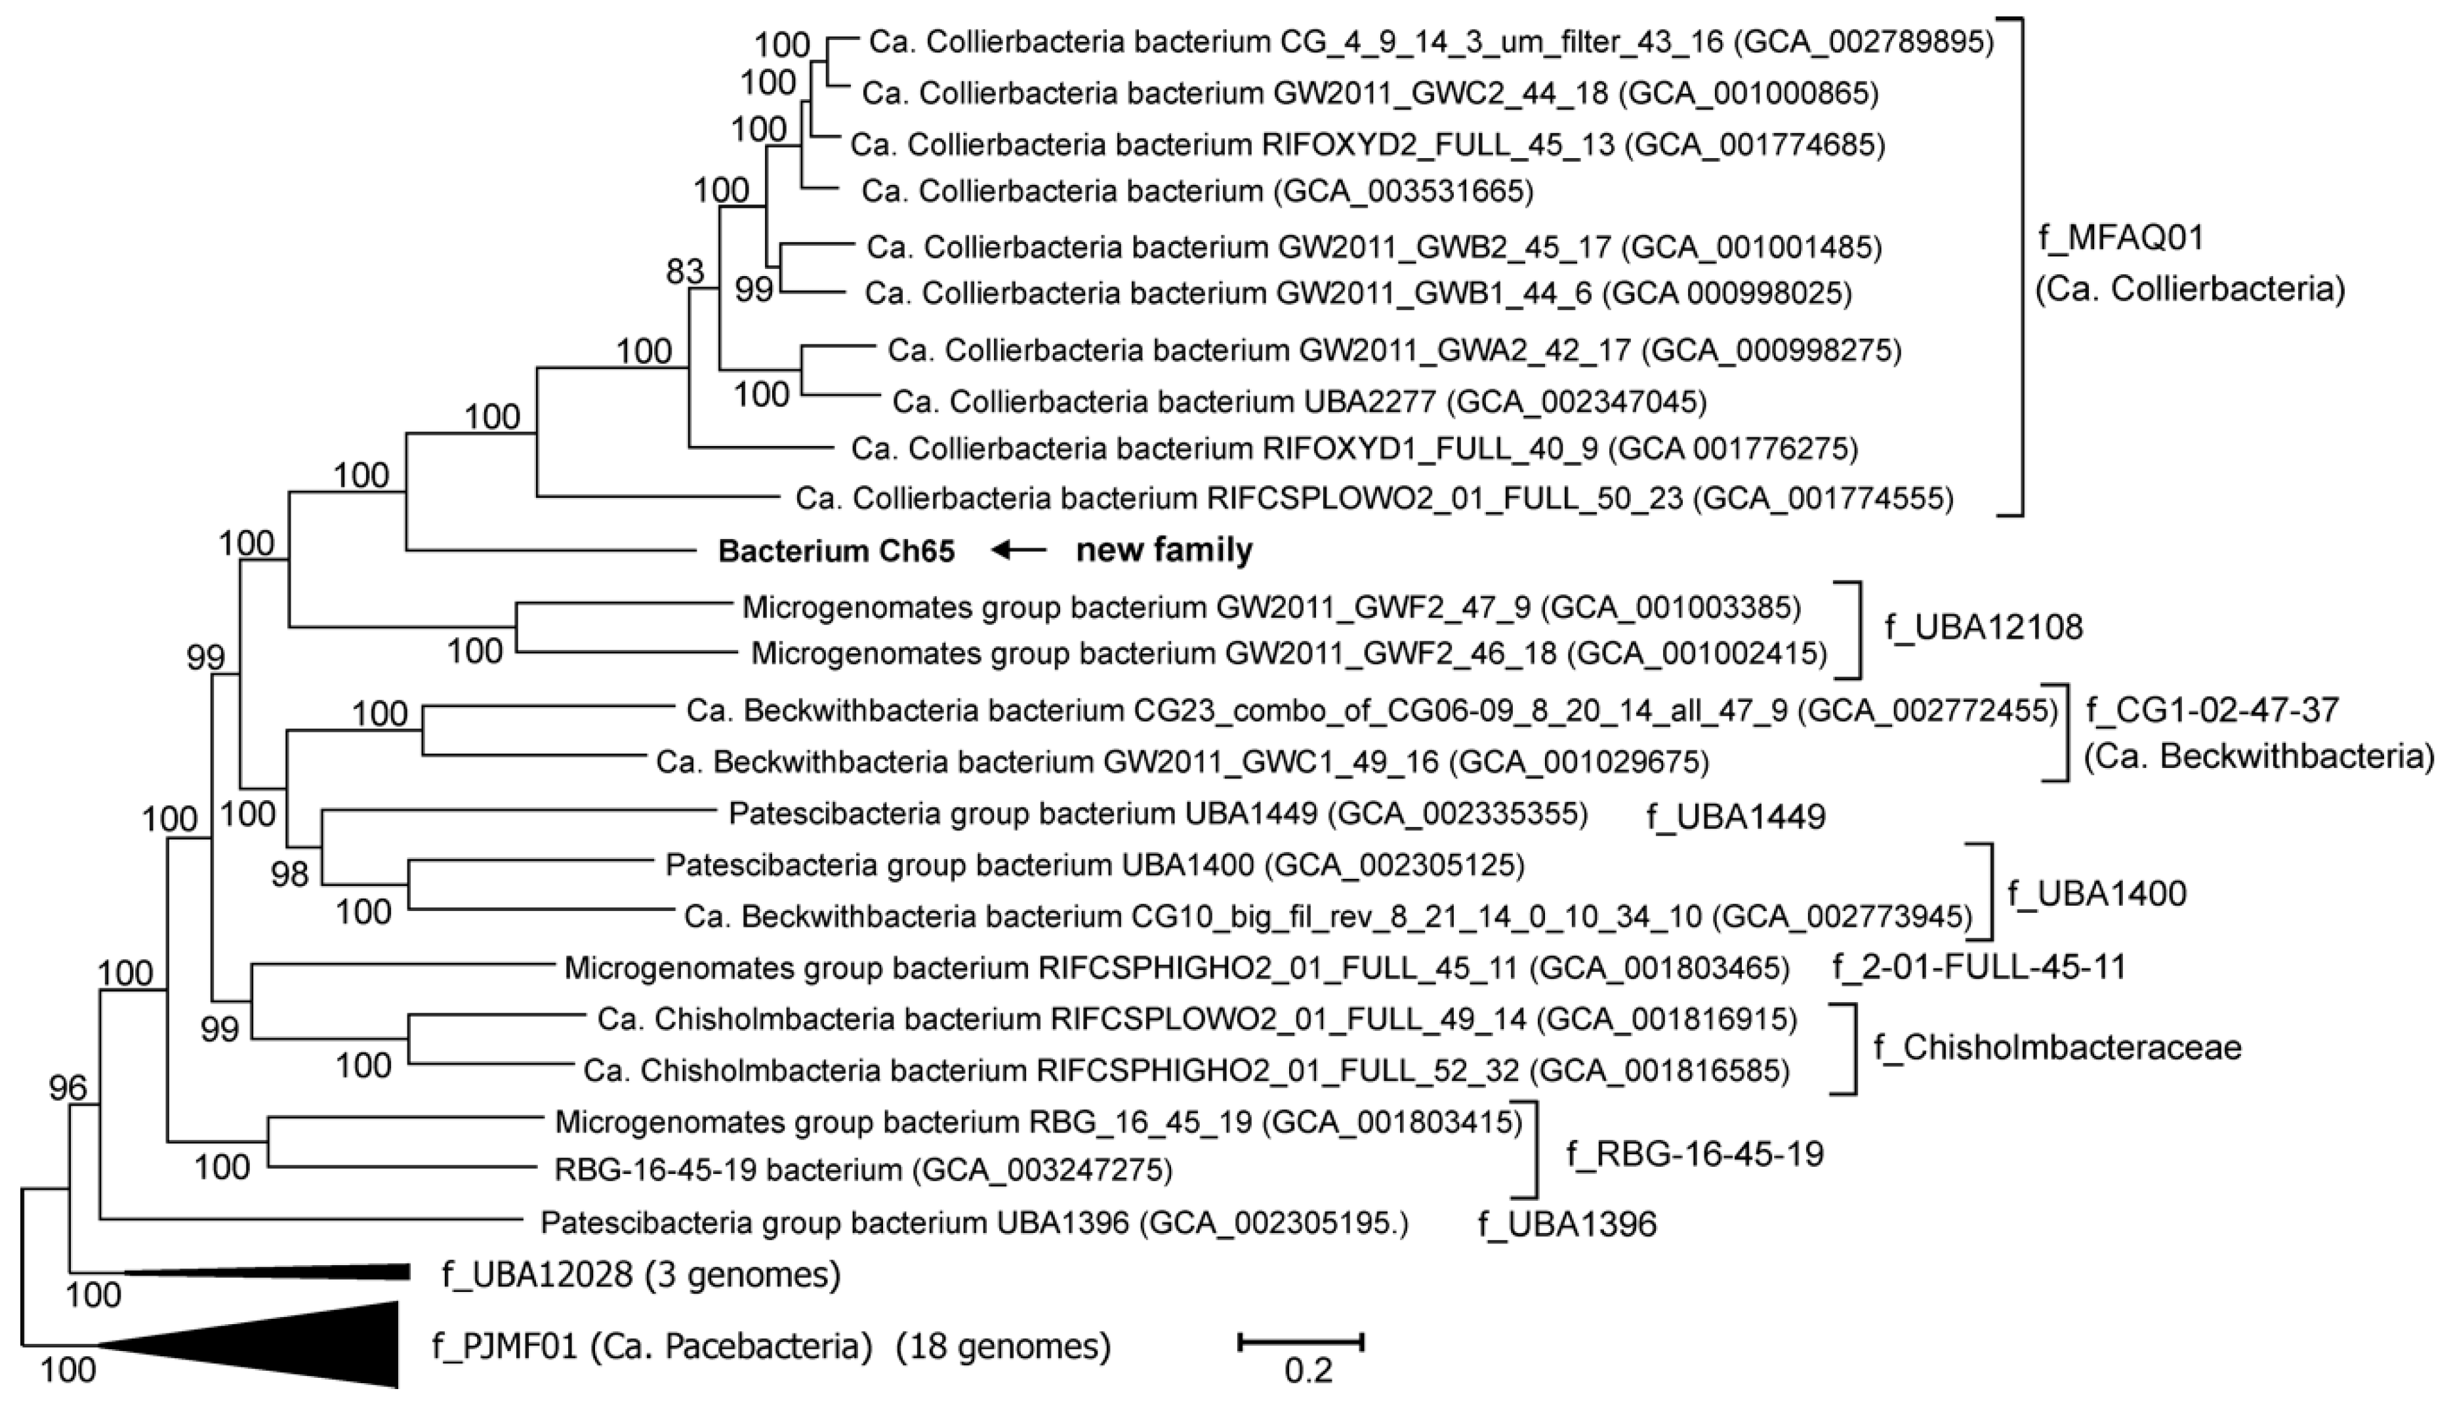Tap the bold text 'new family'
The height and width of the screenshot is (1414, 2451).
[x=1164, y=551]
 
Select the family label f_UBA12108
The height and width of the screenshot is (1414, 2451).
[x=1984, y=628]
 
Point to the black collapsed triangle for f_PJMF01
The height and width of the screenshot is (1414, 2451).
[x=291, y=1345]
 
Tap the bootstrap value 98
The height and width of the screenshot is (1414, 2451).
[x=289, y=874]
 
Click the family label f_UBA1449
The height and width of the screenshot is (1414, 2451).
[x=1736, y=817]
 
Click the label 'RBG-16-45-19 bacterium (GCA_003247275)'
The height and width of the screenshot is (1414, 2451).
[x=863, y=1169]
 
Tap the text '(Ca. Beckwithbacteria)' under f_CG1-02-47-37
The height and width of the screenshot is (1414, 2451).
[x=2259, y=758]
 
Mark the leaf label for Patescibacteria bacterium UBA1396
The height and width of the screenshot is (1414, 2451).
[x=974, y=1222]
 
